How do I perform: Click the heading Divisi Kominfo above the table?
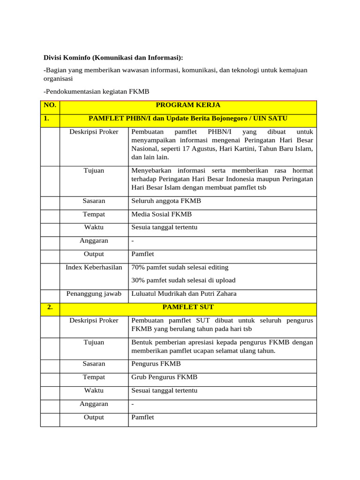coord(113,57)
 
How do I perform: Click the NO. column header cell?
coord(50,105)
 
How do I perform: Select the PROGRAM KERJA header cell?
coord(188,105)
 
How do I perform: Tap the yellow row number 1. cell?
coord(50,119)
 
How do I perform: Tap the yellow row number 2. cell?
coord(50,307)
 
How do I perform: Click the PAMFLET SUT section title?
coord(188,307)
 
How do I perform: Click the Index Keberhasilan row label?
coord(94,267)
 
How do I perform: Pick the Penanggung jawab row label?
coord(94,294)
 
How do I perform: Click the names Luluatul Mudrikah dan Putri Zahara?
coord(184,294)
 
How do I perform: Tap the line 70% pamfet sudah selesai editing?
coord(180,267)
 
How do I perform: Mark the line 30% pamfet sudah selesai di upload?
coord(183,280)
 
